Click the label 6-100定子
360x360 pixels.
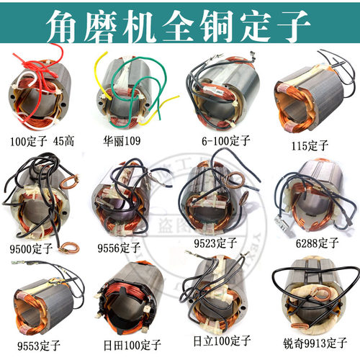(215, 140)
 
